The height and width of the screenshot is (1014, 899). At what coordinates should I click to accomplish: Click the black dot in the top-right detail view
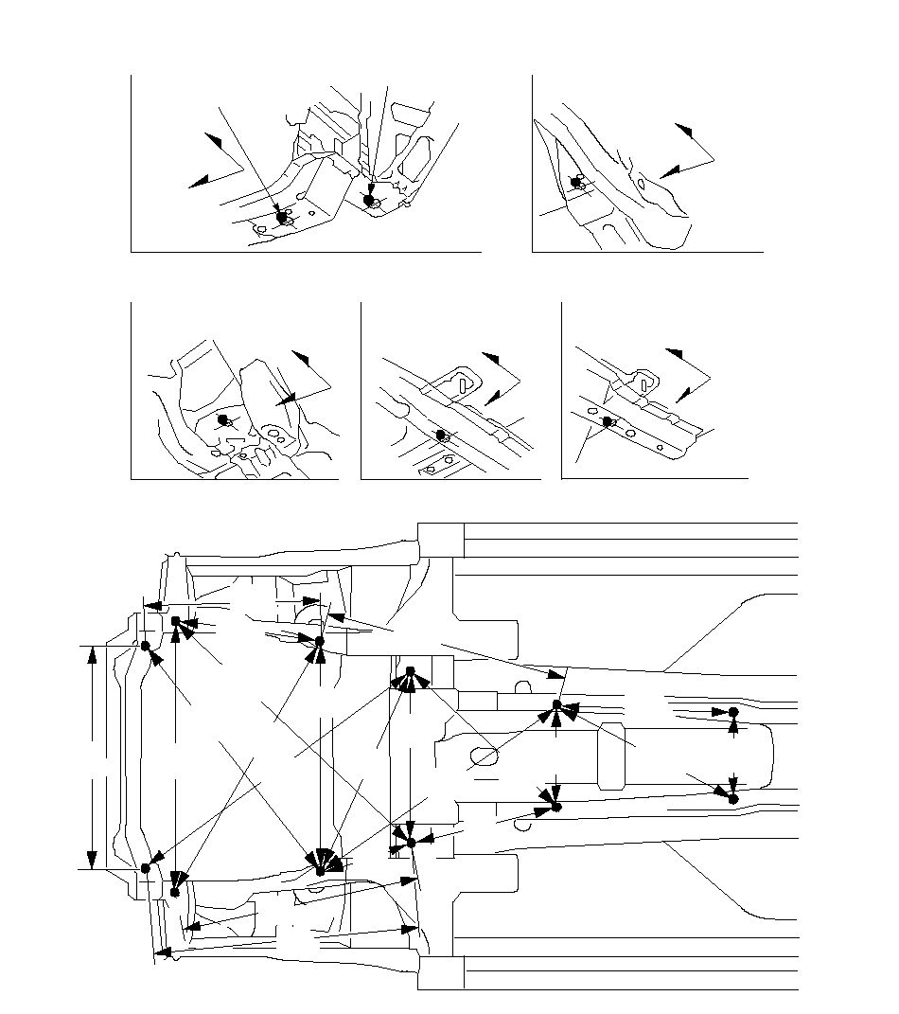pyautogui.click(x=575, y=182)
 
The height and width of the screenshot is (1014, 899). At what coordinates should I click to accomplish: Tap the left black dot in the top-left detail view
pyautogui.click(x=281, y=217)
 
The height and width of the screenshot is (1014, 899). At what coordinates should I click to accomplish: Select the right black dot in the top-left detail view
pyautogui.click(x=368, y=200)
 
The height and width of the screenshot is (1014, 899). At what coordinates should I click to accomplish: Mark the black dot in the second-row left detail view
pyautogui.click(x=223, y=419)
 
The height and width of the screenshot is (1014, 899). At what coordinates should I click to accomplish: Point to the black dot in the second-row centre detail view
pyautogui.click(x=440, y=435)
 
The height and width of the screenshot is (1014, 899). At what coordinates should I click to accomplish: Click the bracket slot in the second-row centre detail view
pyautogui.click(x=460, y=382)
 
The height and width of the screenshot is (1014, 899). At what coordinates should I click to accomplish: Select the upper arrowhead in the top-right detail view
pyautogui.click(x=684, y=130)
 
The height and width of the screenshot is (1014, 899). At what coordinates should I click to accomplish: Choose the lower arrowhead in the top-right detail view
pyautogui.click(x=669, y=171)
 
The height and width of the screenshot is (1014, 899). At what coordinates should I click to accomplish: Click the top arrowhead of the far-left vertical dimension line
pyautogui.click(x=91, y=654)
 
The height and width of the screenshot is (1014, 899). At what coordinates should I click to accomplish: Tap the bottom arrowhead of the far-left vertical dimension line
pyautogui.click(x=91, y=859)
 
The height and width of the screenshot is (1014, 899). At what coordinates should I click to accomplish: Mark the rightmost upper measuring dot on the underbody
pyautogui.click(x=732, y=711)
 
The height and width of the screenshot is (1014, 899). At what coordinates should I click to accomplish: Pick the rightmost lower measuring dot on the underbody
pyautogui.click(x=732, y=798)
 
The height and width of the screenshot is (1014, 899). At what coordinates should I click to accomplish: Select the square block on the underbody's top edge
pyautogui.click(x=440, y=540)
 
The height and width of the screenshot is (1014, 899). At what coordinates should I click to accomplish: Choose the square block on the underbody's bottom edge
pyautogui.click(x=440, y=972)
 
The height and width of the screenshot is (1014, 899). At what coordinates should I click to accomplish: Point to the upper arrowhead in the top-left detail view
pyautogui.click(x=214, y=141)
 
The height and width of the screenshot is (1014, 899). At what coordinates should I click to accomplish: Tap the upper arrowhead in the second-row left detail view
pyautogui.click(x=301, y=358)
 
